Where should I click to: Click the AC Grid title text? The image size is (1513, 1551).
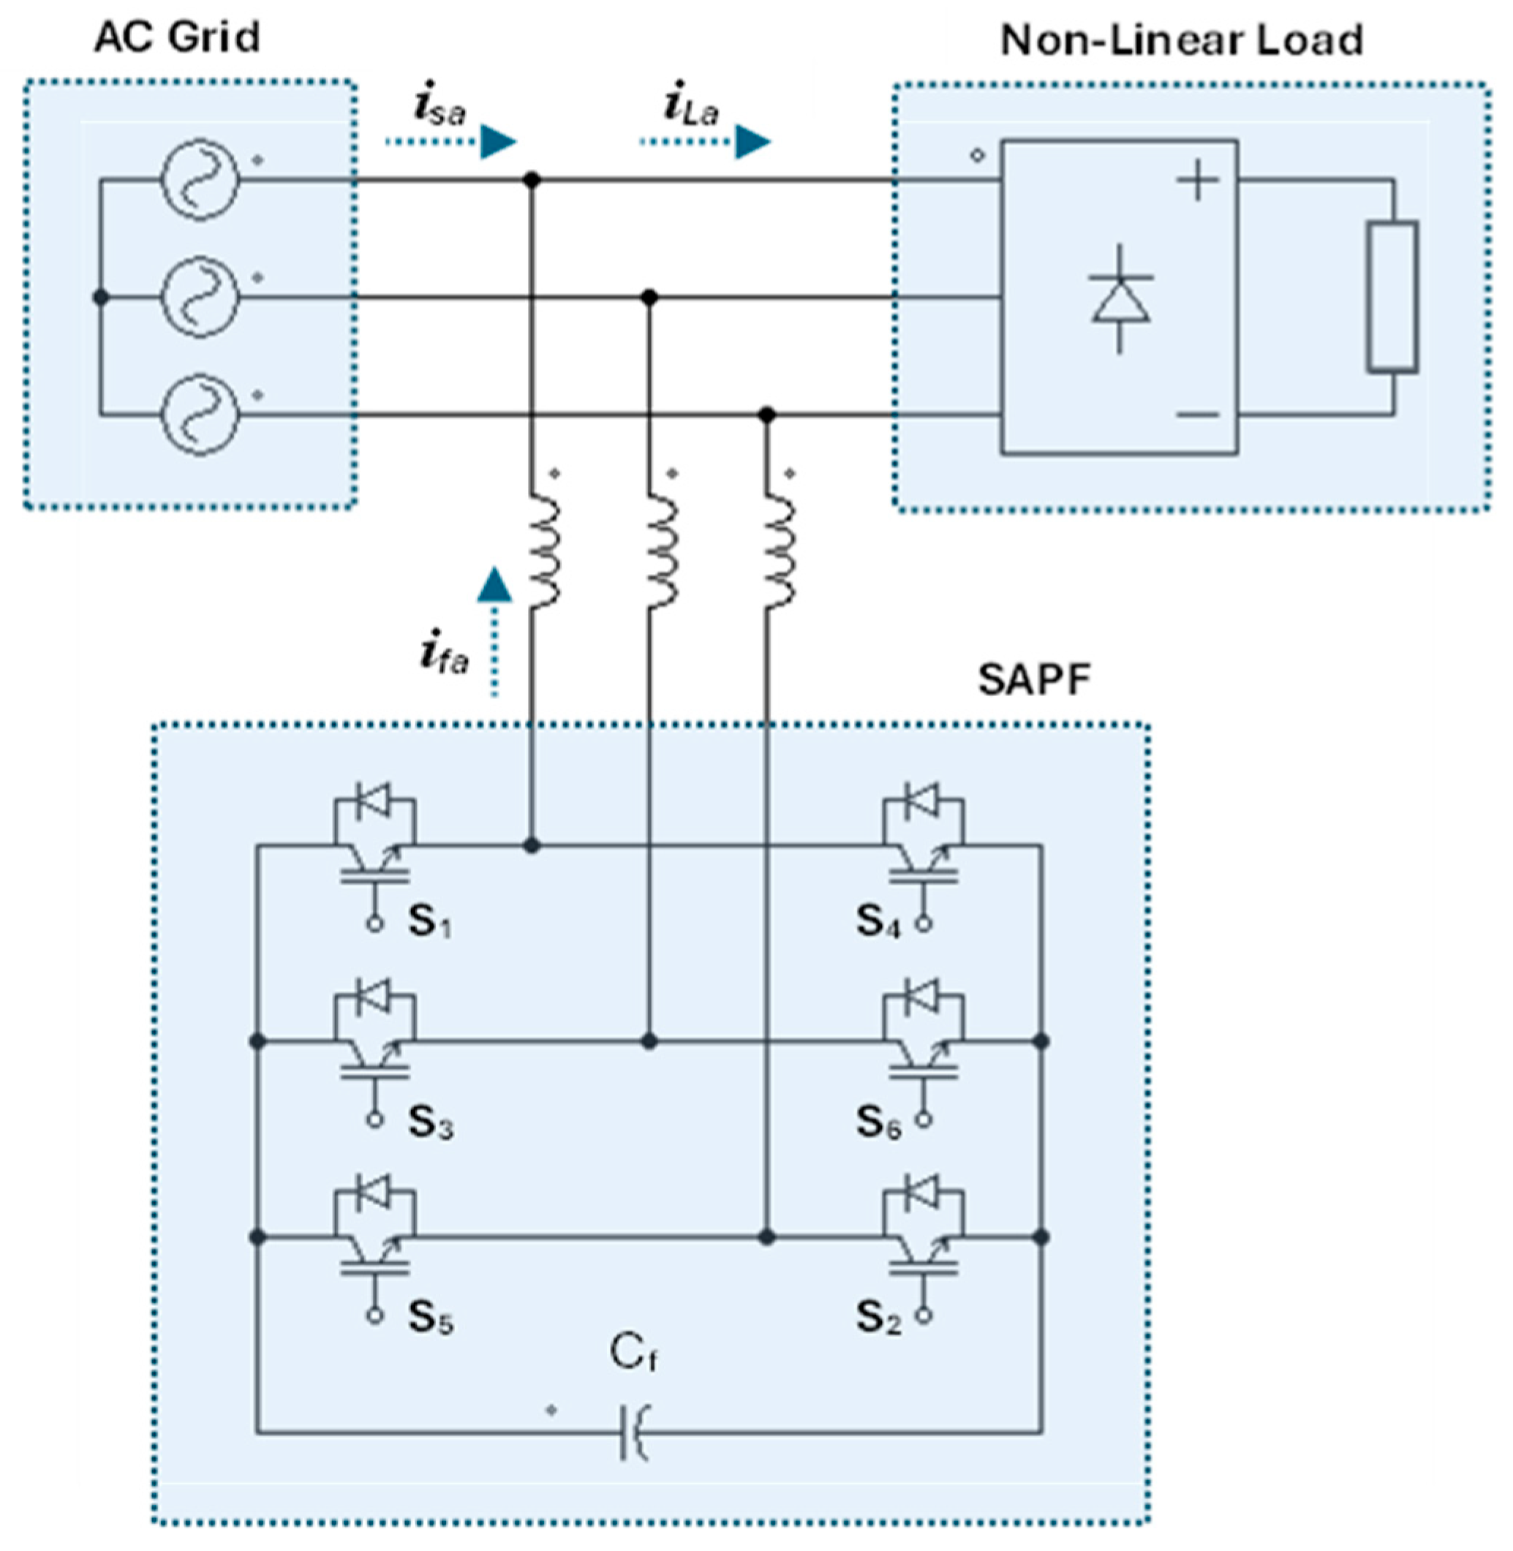tap(176, 37)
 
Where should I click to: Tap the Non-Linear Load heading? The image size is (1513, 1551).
tap(1182, 40)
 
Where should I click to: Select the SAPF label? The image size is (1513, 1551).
tap(1033, 680)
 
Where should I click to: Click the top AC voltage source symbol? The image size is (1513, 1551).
tap(199, 180)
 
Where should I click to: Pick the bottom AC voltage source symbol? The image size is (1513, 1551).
tap(199, 415)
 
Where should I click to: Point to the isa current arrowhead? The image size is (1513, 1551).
tap(498, 142)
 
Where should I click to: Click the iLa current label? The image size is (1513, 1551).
tap(690, 109)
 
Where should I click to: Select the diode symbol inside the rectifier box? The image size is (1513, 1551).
tap(1120, 300)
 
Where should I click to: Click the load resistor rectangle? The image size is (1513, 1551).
tap(1392, 297)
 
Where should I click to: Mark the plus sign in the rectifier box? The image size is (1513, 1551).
tap(1198, 181)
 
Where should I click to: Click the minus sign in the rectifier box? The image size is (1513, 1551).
tap(1198, 414)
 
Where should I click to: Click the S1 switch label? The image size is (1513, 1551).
tap(430, 923)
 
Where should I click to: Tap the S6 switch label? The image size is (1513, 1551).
tap(878, 1122)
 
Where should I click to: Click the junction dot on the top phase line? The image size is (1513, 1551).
tap(532, 181)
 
